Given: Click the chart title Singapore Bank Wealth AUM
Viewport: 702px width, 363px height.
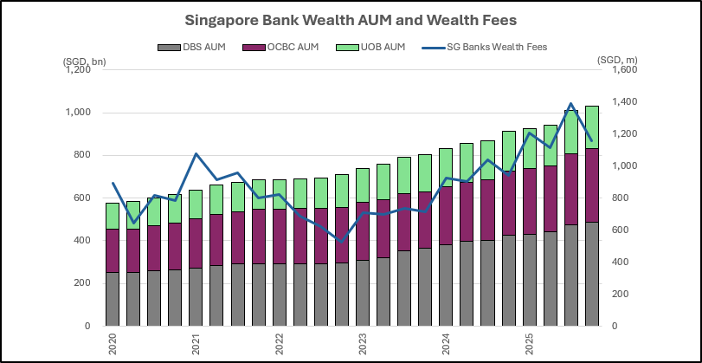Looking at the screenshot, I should [350, 19].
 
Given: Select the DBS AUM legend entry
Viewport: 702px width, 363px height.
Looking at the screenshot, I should [201, 46].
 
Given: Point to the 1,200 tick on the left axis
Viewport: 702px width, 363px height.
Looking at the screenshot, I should [79, 70].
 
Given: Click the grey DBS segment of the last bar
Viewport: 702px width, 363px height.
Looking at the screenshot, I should [592, 274].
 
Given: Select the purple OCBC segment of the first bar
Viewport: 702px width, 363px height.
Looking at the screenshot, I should [113, 250].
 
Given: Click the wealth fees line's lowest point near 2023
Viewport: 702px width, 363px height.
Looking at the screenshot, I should [342, 241].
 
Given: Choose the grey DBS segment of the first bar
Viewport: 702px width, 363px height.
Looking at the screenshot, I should [113, 299].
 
